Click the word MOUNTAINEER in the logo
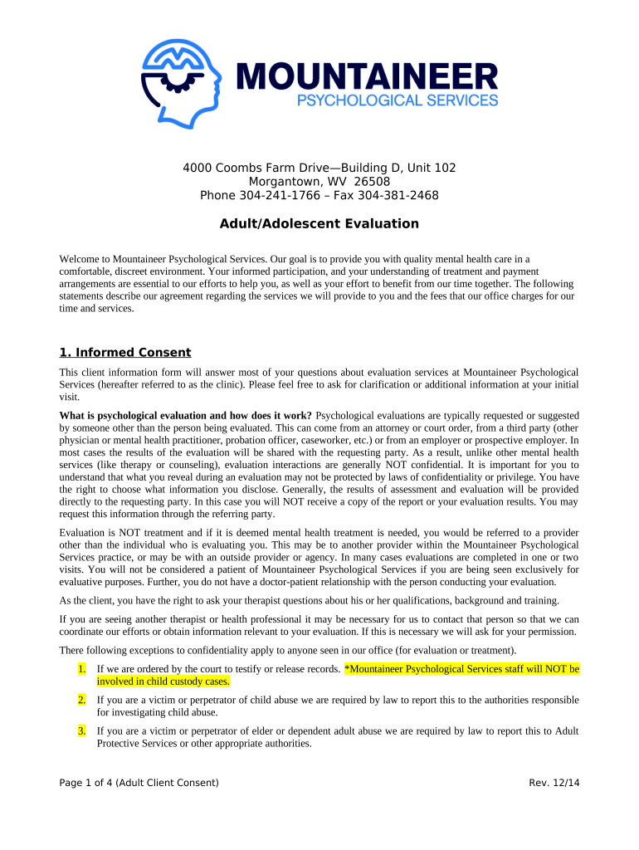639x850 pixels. tap(368, 78)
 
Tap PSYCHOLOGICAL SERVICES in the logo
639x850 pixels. tap(398, 100)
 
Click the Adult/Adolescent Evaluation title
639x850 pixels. tap(319, 224)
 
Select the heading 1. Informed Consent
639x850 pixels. tap(125, 352)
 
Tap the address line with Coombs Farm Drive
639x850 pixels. tap(319, 168)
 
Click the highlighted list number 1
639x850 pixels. tap(81, 668)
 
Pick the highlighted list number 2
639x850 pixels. tap(81, 700)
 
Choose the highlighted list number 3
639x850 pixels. tap(81, 731)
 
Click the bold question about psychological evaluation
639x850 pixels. tap(186, 415)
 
